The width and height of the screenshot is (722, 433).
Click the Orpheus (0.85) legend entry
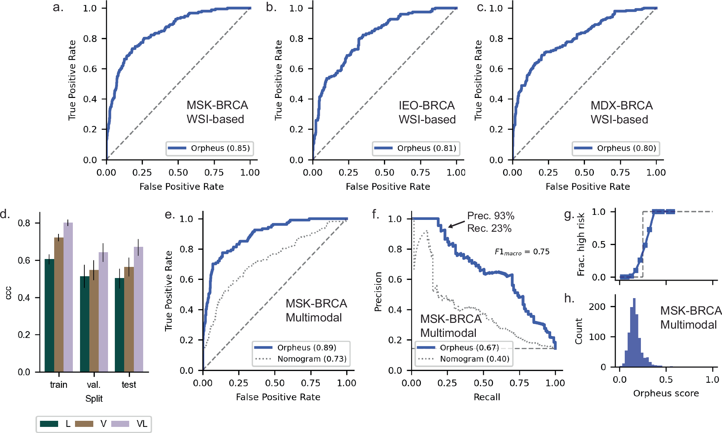[x=210, y=148]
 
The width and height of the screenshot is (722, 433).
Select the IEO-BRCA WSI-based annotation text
[x=427, y=112]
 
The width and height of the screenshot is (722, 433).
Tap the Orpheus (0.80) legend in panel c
[x=616, y=148]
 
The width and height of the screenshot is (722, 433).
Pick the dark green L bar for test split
[x=119, y=325]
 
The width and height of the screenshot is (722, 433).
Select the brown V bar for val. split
[x=94, y=321]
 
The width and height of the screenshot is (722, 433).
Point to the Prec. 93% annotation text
[x=491, y=216]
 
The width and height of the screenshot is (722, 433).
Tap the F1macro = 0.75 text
[x=522, y=252]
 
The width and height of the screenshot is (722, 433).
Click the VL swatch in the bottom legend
[x=120, y=424]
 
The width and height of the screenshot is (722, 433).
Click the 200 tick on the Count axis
[x=597, y=306]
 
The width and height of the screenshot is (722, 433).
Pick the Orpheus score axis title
[x=666, y=393]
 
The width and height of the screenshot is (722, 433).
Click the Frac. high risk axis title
[x=581, y=244]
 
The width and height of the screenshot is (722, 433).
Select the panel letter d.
[x=5, y=214]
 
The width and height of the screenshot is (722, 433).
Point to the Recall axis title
[x=487, y=397]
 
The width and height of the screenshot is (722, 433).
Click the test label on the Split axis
[x=129, y=385]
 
